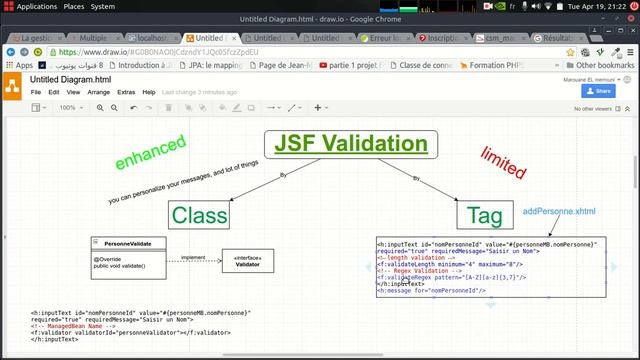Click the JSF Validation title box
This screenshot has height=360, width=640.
tap(351, 144)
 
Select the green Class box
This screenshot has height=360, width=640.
tap(199, 214)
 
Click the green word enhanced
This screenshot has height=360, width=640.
tap(150, 153)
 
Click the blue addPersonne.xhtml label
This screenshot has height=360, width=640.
tap(559, 212)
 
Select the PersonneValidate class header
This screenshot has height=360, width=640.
tap(128, 243)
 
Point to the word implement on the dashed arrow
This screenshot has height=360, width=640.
tap(192, 256)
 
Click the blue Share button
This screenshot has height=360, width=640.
tap(599, 91)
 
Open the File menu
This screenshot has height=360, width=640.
tap(36, 92)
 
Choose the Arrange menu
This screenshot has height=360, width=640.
tap(99, 92)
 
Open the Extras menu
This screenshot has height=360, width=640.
tap(126, 92)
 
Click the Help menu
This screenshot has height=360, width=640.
tap(149, 92)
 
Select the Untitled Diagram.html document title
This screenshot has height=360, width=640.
tap(70, 78)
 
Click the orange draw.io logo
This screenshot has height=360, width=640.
tap(13, 84)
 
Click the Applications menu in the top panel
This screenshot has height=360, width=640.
tap(36, 6)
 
